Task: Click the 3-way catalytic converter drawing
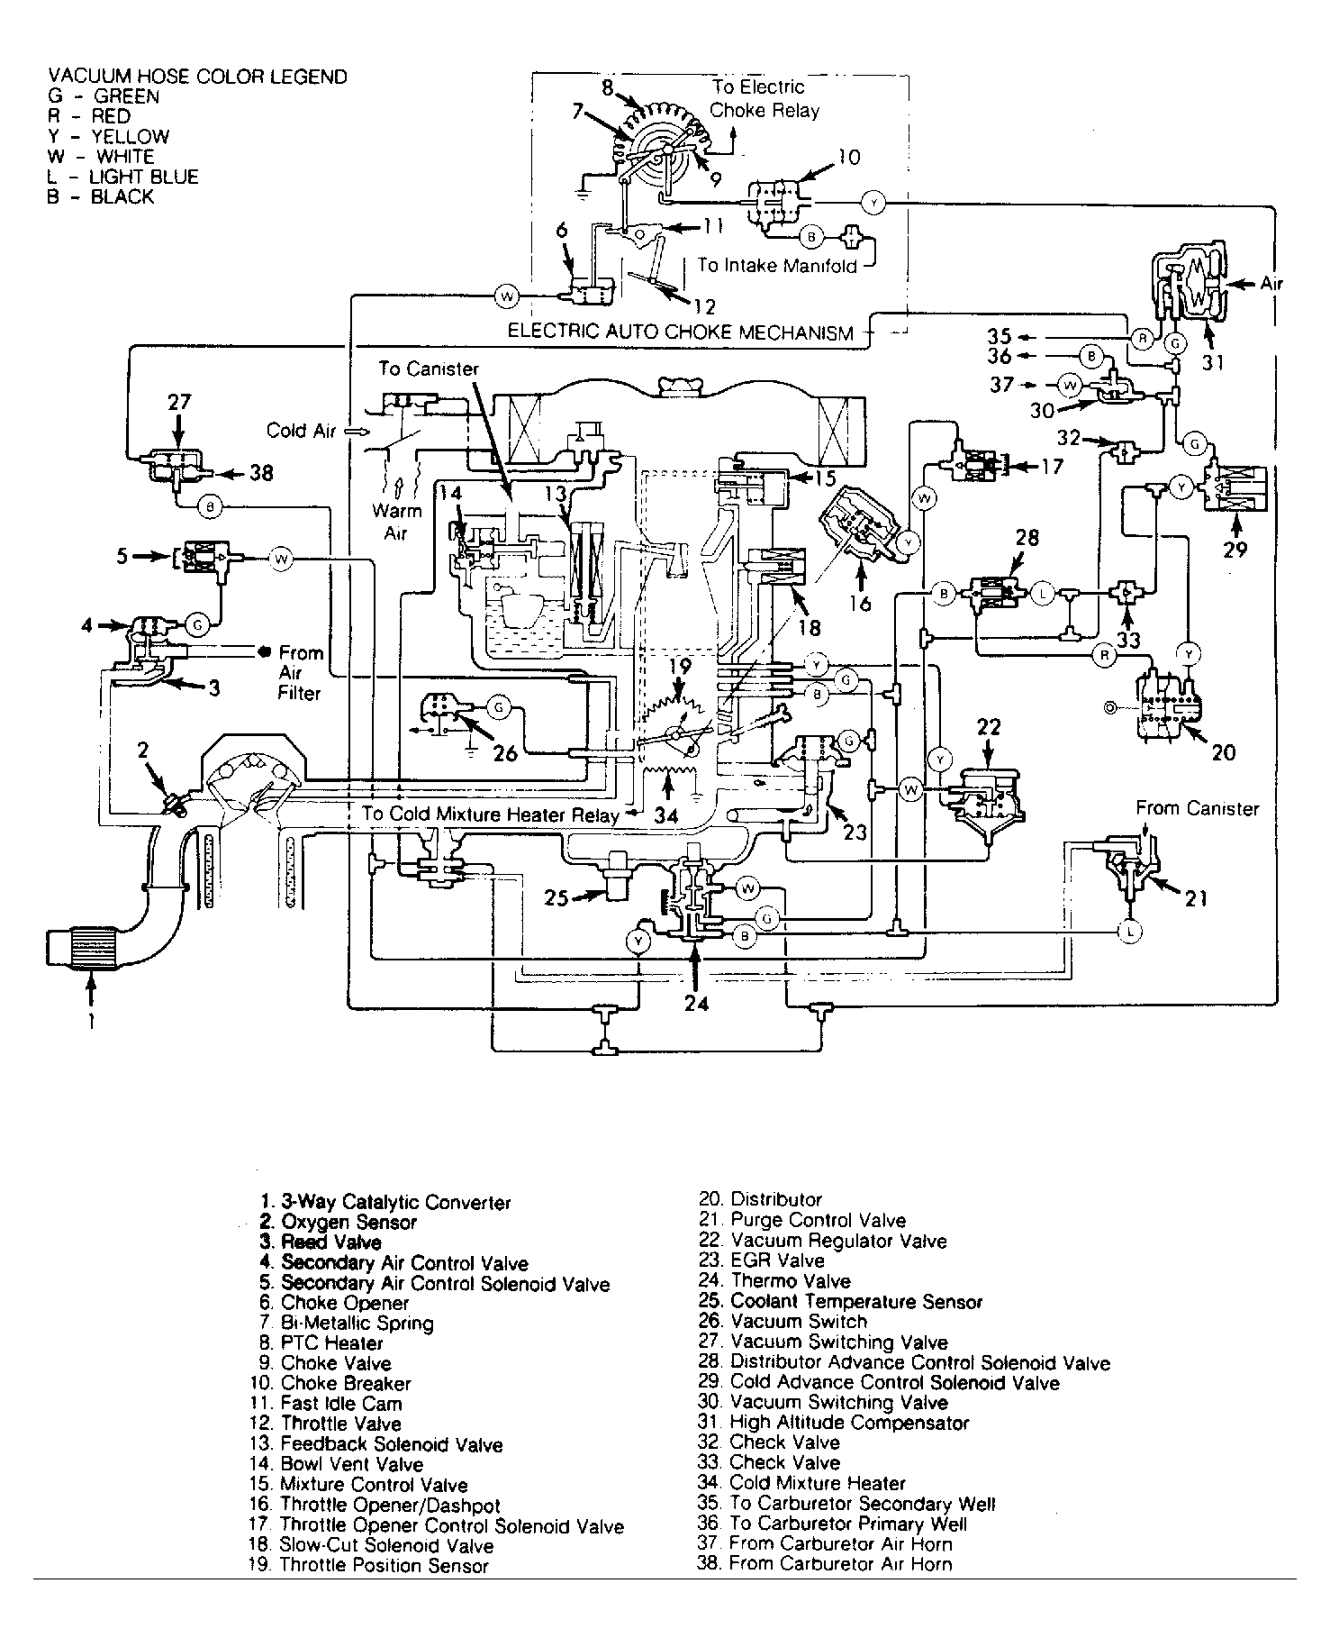pyautogui.click(x=82, y=949)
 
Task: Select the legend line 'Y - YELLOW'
pyautogui.click(x=109, y=137)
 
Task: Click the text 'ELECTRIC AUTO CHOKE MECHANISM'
pyautogui.click(x=681, y=332)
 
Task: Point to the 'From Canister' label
pyautogui.click(x=1197, y=808)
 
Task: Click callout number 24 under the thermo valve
pyautogui.click(x=696, y=1002)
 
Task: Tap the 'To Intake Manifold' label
pyautogui.click(x=777, y=266)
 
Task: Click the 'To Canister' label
pyautogui.click(x=429, y=369)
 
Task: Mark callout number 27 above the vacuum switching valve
pyautogui.click(x=179, y=402)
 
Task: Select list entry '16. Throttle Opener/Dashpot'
pyautogui.click(x=376, y=1505)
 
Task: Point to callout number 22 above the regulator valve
pyautogui.click(x=989, y=726)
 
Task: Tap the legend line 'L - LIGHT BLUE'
pyautogui.click(x=123, y=177)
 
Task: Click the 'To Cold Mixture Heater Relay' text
pyautogui.click(x=491, y=814)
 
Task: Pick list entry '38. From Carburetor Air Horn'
pyautogui.click(x=825, y=1564)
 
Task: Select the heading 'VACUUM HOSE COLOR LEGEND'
pyautogui.click(x=197, y=77)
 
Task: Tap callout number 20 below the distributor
pyautogui.click(x=1224, y=751)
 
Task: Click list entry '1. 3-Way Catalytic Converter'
pyautogui.click(x=385, y=1202)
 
